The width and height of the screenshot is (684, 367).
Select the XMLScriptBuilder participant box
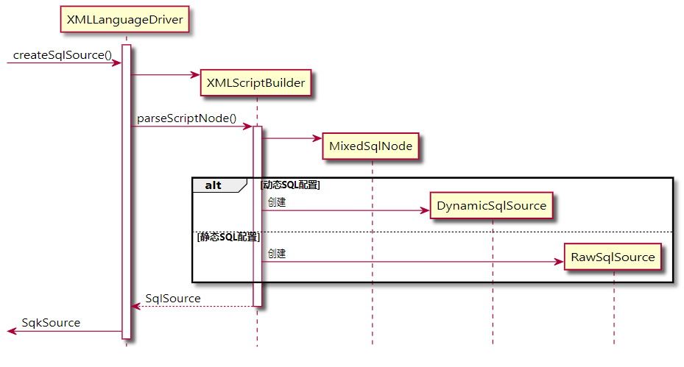tap(255, 83)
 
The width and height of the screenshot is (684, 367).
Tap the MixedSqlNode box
tap(371, 146)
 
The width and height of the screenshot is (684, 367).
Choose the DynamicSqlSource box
tap(491, 206)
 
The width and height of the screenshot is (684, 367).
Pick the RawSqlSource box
tap(612, 257)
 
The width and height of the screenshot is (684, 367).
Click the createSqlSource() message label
tap(63, 55)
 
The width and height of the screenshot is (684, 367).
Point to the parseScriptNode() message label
tap(186, 118)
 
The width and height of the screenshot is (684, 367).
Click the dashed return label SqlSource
tap(173, 298)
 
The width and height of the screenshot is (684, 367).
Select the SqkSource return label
tap(51, 323)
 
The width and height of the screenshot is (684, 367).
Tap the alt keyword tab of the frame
tap(214, 185)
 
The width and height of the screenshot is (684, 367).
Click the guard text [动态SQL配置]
tap(290, 185)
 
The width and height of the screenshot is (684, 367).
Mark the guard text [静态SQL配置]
tap(228, 237)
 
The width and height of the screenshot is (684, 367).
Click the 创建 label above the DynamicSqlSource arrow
tap(277, 202)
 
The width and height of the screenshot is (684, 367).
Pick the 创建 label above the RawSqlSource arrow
tap(277, 254)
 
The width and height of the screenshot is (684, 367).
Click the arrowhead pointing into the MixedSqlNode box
tap(317, 138)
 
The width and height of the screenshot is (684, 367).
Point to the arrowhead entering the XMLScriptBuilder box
tap(195, 74)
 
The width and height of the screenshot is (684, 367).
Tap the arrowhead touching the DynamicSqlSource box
tap(425, 211)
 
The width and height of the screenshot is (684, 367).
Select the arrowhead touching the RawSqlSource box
tap(559, 262)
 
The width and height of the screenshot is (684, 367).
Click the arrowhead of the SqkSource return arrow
tap(11, 332)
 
